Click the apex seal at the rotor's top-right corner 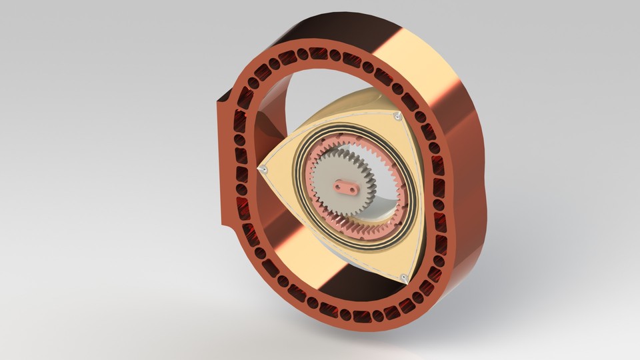point(397,117)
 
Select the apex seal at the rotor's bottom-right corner point(405,277)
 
